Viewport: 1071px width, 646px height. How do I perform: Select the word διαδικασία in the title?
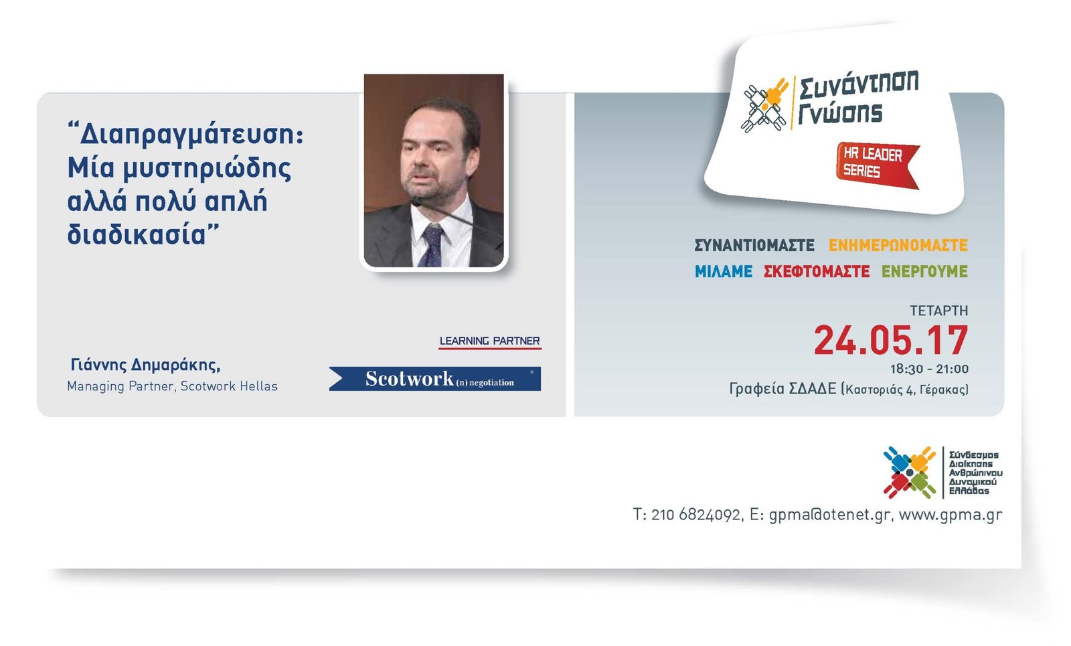137,234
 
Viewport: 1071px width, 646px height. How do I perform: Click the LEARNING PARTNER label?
489,341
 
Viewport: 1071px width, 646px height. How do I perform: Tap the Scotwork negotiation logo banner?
435,379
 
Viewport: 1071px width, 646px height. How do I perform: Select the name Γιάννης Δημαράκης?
145,366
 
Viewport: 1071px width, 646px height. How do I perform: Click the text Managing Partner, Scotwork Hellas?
172,386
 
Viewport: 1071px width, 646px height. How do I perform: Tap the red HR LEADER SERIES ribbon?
877,165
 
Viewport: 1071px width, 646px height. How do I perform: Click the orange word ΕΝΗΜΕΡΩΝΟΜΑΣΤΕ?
898,245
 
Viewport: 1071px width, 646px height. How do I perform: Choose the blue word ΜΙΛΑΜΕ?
724,272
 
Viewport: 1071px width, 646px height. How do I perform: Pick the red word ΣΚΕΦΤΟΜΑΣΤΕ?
817,272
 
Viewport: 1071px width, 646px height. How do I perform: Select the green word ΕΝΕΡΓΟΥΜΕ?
924,272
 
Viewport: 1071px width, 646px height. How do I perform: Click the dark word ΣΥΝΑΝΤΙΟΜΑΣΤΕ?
754,245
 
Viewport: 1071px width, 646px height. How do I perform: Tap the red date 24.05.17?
891,340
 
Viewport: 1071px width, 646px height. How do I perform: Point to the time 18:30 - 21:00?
929,369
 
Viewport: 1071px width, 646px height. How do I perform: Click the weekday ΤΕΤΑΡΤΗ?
939,311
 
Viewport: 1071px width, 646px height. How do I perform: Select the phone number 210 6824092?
695,515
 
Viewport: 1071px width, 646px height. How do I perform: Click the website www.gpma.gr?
950,515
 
